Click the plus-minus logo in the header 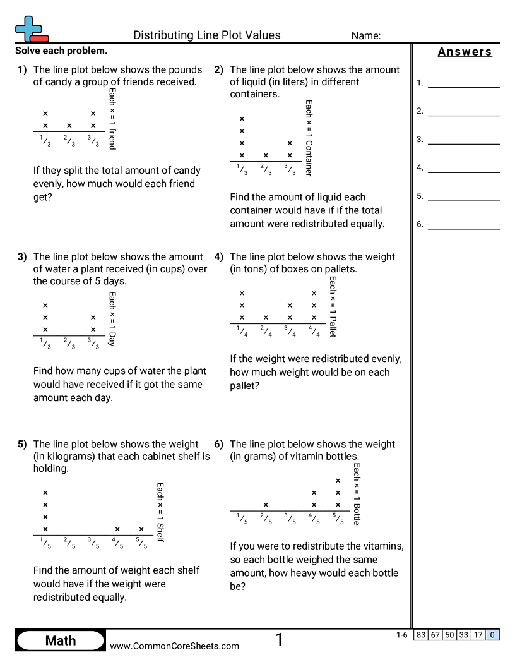tap(30, 29)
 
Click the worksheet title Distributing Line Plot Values tap(207, 35)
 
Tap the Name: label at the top tap(366, 36)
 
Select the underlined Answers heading tap(465, 52)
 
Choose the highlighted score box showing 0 tap(492, 635)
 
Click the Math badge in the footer tap(61, 640)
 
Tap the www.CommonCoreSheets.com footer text tap(175, 646)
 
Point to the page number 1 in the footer tap(279, 640)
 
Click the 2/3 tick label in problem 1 tap(69, 141)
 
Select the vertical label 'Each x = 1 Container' tap(309, 138)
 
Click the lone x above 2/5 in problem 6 tap(266, 505)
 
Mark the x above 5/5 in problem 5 tap(141, 529)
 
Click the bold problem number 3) tap(22, 257)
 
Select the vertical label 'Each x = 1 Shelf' tap(160, 512)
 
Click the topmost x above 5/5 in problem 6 tap(338, 481)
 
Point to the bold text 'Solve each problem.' tap(61, 51)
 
